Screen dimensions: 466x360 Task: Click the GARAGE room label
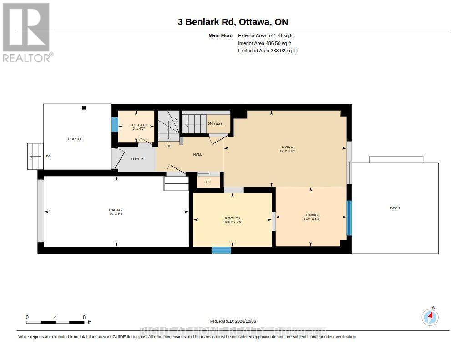click(116, 210)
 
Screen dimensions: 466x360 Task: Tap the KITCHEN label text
click(233, 218)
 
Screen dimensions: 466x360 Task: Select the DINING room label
click(312, 215)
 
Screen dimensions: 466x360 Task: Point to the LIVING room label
click(288, 147)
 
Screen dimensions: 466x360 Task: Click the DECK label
click(395, 208)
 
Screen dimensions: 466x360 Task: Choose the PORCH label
click(74, 139)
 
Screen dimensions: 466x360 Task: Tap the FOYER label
click(137, 159)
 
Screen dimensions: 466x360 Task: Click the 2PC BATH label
click(138, 125)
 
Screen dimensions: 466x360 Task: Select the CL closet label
click(208, 182)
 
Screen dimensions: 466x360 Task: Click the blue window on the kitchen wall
click(221, 250)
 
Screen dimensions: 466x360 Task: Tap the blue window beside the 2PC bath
click(115, 124)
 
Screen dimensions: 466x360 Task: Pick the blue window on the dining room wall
click(349, 218)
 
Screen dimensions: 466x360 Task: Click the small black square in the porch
click(84, 108)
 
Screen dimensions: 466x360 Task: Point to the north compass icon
click(430, 317)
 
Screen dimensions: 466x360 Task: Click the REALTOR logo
click(27, 32)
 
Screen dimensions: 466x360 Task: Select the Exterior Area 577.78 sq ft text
click(265, 35)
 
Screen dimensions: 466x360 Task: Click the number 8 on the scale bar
click(84, 317)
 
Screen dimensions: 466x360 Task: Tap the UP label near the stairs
click(169, 146)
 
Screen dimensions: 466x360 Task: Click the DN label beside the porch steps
click(48, 157)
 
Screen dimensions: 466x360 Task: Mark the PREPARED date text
click(233, 321)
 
